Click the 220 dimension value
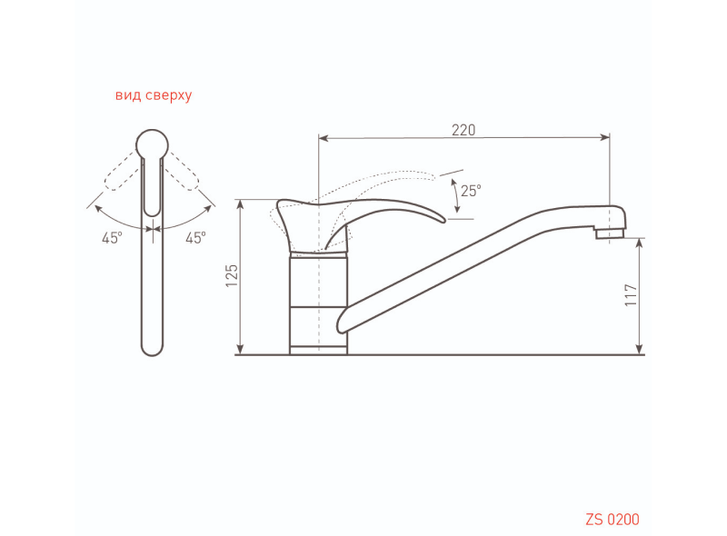point(463,130)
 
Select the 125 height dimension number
point(232,275)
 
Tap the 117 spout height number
point(631,295)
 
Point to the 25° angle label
point(471,191)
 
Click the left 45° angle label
point(112,238)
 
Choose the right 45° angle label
point(195,238)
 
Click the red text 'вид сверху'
point(154,95)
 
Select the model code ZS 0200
point(612,520)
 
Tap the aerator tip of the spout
point(610,233)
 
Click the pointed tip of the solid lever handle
point(443,221)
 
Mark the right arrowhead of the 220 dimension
point(604,137)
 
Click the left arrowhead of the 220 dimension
point(324,138)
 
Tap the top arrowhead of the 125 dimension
point(240,205)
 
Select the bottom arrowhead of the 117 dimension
point(640,349)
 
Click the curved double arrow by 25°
point(456,196)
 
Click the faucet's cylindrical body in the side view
point(319,303)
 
